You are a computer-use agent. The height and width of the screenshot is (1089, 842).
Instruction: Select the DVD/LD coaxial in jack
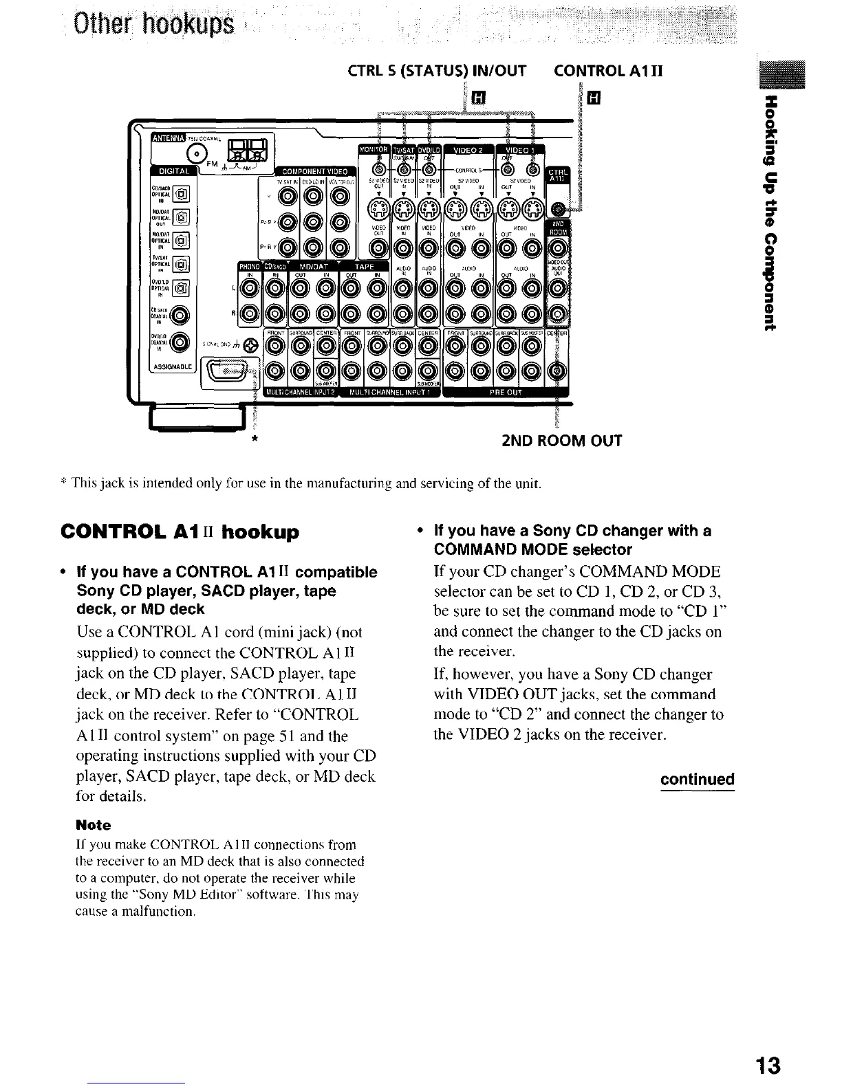[x=180, y=342]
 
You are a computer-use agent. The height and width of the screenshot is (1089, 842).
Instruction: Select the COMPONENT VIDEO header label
[x=314, y=171]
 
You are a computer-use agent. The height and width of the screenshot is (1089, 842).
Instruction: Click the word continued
[x=697, y=780]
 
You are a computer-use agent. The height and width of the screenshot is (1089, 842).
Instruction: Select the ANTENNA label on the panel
[x=168, y=142]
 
